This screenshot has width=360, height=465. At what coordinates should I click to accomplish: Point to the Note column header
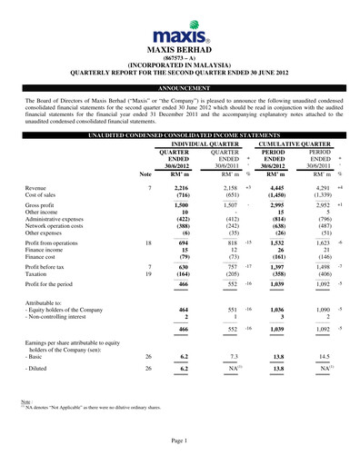(x=145, y=173)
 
